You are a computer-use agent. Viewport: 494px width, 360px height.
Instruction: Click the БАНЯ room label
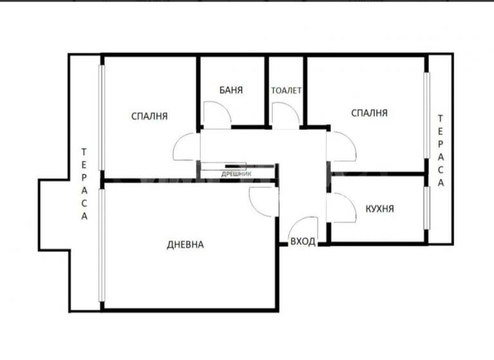pos(231,90)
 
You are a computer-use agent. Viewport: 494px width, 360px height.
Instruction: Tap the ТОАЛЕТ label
pos(286,91)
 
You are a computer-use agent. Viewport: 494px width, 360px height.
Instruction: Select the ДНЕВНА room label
pos(185,244)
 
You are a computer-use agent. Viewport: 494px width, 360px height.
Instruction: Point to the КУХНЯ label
pos(380,209)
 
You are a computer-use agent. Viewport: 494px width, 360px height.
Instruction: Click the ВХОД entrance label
pos(303,242)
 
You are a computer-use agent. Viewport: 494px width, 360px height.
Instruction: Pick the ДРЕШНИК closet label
pos(236,174)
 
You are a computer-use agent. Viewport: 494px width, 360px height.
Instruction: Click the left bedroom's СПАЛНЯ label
pos(149,116)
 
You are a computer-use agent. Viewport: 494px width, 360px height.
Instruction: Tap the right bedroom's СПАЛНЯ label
pos(369,113)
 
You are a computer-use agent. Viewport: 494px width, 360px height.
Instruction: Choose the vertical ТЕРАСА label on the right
pos(441,150)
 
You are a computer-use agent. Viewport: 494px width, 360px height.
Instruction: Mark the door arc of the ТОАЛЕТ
pos(284,115)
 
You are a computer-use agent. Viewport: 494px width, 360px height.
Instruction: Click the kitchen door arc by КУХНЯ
pos(342,208)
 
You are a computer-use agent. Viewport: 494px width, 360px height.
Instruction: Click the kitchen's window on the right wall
pos(425,207)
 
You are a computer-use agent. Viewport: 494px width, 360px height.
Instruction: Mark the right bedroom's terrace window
pos(425,114)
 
